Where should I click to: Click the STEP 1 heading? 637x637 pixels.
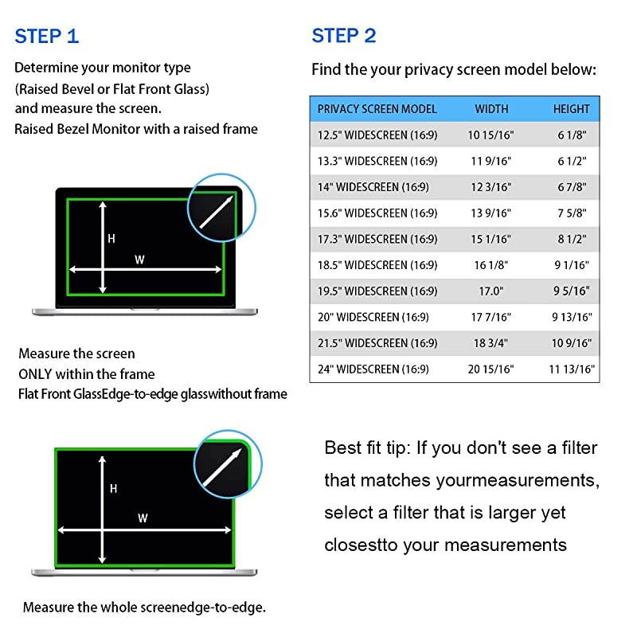tap(47, 36)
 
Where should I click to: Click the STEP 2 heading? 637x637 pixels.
tap(344, 36)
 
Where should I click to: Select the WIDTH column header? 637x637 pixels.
tap(491, 109)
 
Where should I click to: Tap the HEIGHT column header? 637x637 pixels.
tap(571, 109)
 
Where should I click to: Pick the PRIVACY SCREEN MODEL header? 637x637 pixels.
tap(377, 109)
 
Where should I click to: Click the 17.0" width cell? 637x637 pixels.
tap(490, 291)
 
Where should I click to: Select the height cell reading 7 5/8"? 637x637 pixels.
tap(572, 213)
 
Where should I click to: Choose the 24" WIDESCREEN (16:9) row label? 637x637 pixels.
tap(373, 369)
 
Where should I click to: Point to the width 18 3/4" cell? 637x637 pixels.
tap(490, 343)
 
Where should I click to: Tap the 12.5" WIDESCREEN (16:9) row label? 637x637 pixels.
tap(377, 135)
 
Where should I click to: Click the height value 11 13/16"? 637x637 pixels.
tap(572, 369)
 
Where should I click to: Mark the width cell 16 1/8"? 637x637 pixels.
tap(491, 265)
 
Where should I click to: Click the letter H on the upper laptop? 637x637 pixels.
tap(111, 238)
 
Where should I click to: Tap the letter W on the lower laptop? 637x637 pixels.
tap(143, 518)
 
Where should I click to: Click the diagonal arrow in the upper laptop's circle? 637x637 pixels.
tap(217, 212)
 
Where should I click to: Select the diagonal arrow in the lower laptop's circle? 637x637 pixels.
tap(222, 467)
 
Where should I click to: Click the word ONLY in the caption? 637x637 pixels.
tap(35, 373)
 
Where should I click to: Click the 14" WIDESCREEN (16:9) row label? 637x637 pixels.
tap(373, 187)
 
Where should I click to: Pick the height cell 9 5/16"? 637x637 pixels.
tap(572, 291)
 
